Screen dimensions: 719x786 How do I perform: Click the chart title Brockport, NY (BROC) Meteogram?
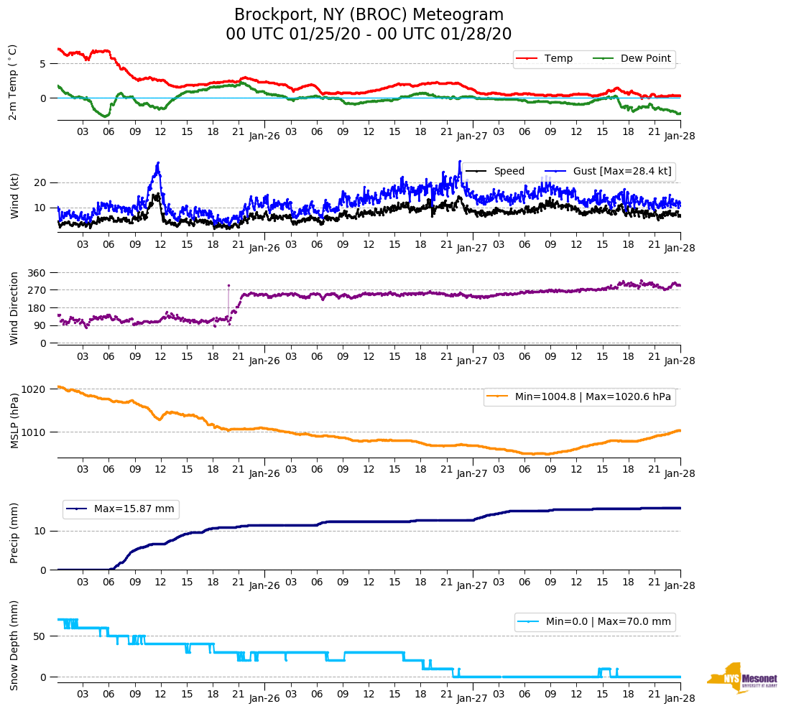(369, 15)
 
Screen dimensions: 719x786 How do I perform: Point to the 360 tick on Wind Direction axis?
(37, 273)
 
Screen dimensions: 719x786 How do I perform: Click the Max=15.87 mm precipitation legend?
(134, 509)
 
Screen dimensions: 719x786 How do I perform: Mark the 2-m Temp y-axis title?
(13, 81)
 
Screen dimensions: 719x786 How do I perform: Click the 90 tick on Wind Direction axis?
(40, 325)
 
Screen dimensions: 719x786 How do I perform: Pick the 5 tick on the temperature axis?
(43, 63)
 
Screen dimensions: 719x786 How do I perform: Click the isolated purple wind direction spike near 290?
(229, 286)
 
